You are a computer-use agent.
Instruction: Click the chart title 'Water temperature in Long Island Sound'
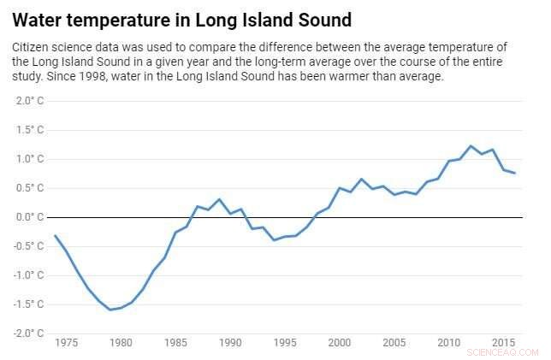(x=181, y=18)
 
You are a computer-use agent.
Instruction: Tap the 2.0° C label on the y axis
(x=30, y=101)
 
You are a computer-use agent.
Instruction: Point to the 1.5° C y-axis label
(x=30, y=130)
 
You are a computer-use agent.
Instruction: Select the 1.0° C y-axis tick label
(x=30, y=159)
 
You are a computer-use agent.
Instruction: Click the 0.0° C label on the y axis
(x=30, y=217)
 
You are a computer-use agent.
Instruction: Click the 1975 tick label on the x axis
(x=66, y=343)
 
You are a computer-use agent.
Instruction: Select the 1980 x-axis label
(x=121, y=343)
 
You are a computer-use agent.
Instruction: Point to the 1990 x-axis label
(x=230, y=343)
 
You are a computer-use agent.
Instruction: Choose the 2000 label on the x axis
(x=340, y=343)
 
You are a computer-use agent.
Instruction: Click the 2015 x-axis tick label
(x=504, y=343)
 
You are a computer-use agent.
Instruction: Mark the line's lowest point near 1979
(x=110, y=310)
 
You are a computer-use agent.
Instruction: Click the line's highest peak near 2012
(x=471, y=146)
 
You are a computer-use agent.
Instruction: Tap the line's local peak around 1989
(x=219, y=199)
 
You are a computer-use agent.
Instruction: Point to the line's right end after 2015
(x=514, y=174)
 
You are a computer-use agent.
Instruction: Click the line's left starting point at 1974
(x=55, y=235)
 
